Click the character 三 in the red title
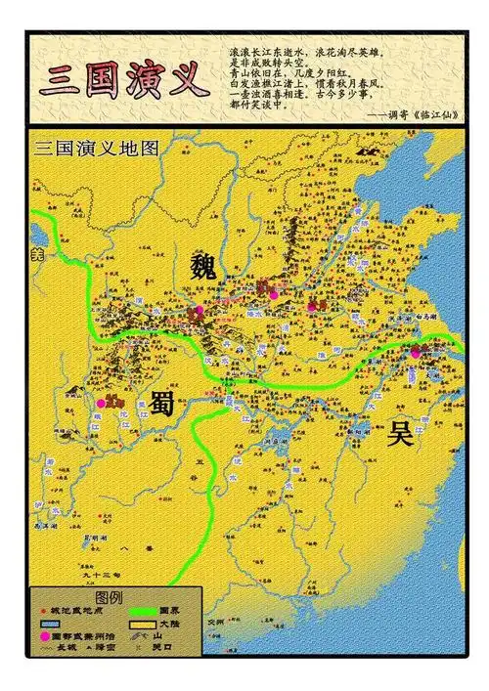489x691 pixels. click(x=61, y=77)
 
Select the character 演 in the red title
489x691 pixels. click(x=143, y=77)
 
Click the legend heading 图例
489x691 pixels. click(x=109, y=596)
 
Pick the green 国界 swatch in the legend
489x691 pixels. click(x=143, y=611)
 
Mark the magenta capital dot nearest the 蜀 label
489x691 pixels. click(x=100, y=402)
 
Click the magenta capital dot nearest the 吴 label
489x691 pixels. click(x=416, y=352)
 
